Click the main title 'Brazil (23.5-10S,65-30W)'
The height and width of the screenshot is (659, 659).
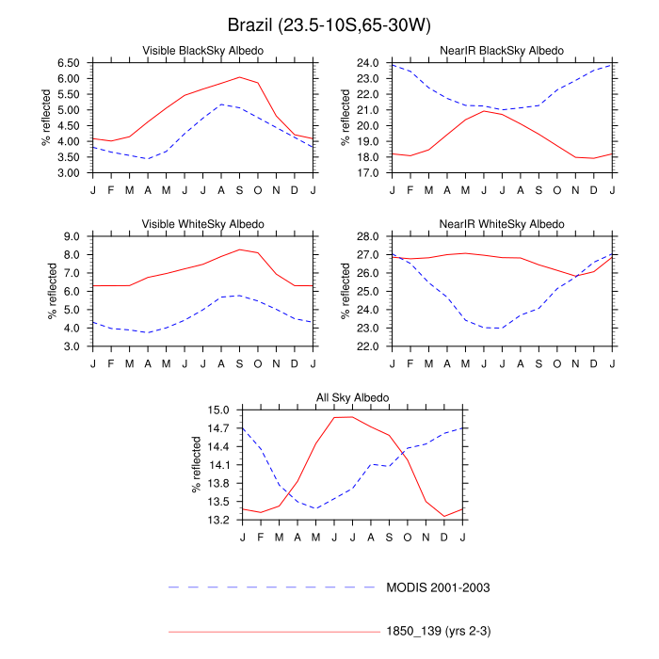point(329,24)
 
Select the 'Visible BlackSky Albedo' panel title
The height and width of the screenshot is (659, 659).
point(202,50)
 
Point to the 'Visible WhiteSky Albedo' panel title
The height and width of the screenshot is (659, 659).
point(202,224)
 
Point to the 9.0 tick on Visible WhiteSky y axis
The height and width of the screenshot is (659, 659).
point(74,236)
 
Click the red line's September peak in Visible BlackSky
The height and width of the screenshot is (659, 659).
point(239,77)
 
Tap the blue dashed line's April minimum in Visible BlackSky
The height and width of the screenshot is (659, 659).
point(148,158)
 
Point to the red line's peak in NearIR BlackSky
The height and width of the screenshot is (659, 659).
point(484,111)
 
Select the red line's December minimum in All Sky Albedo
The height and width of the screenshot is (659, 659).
point(444,516)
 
